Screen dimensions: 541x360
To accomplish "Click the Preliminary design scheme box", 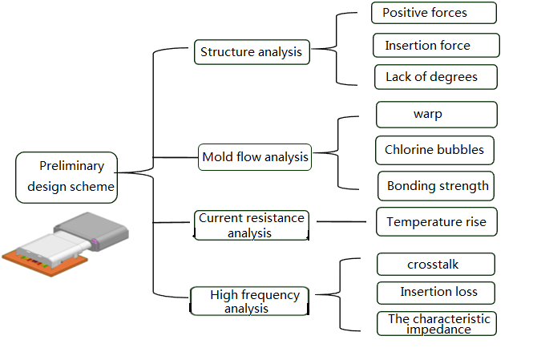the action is point(67,177).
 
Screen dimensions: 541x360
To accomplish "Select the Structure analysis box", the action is point(252,52).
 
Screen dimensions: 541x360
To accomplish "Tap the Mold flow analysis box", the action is point(255,157).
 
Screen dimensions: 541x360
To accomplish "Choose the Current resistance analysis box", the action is point(251,225).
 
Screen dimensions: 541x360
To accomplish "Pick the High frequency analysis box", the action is point(249,301).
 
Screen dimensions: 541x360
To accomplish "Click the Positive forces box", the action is point(434,13).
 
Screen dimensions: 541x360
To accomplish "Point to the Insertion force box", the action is point(436,45).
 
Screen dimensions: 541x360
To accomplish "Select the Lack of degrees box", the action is point(436,77).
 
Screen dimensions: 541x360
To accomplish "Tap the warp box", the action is point(437,115).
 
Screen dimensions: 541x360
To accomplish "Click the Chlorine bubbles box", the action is point(434,150).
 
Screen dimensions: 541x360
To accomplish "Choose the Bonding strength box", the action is point(436,186).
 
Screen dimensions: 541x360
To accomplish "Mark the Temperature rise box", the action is point(437,221).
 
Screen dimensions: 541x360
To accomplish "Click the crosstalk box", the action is point(436,265).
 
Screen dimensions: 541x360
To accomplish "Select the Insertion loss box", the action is point(436,293).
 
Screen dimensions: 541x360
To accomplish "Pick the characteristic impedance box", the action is point(437,323).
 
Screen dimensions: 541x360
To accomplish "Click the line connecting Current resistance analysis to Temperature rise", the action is point(341,221).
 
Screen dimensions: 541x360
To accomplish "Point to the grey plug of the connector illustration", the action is point(92,231).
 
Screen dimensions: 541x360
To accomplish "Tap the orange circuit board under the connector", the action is point(45,263).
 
